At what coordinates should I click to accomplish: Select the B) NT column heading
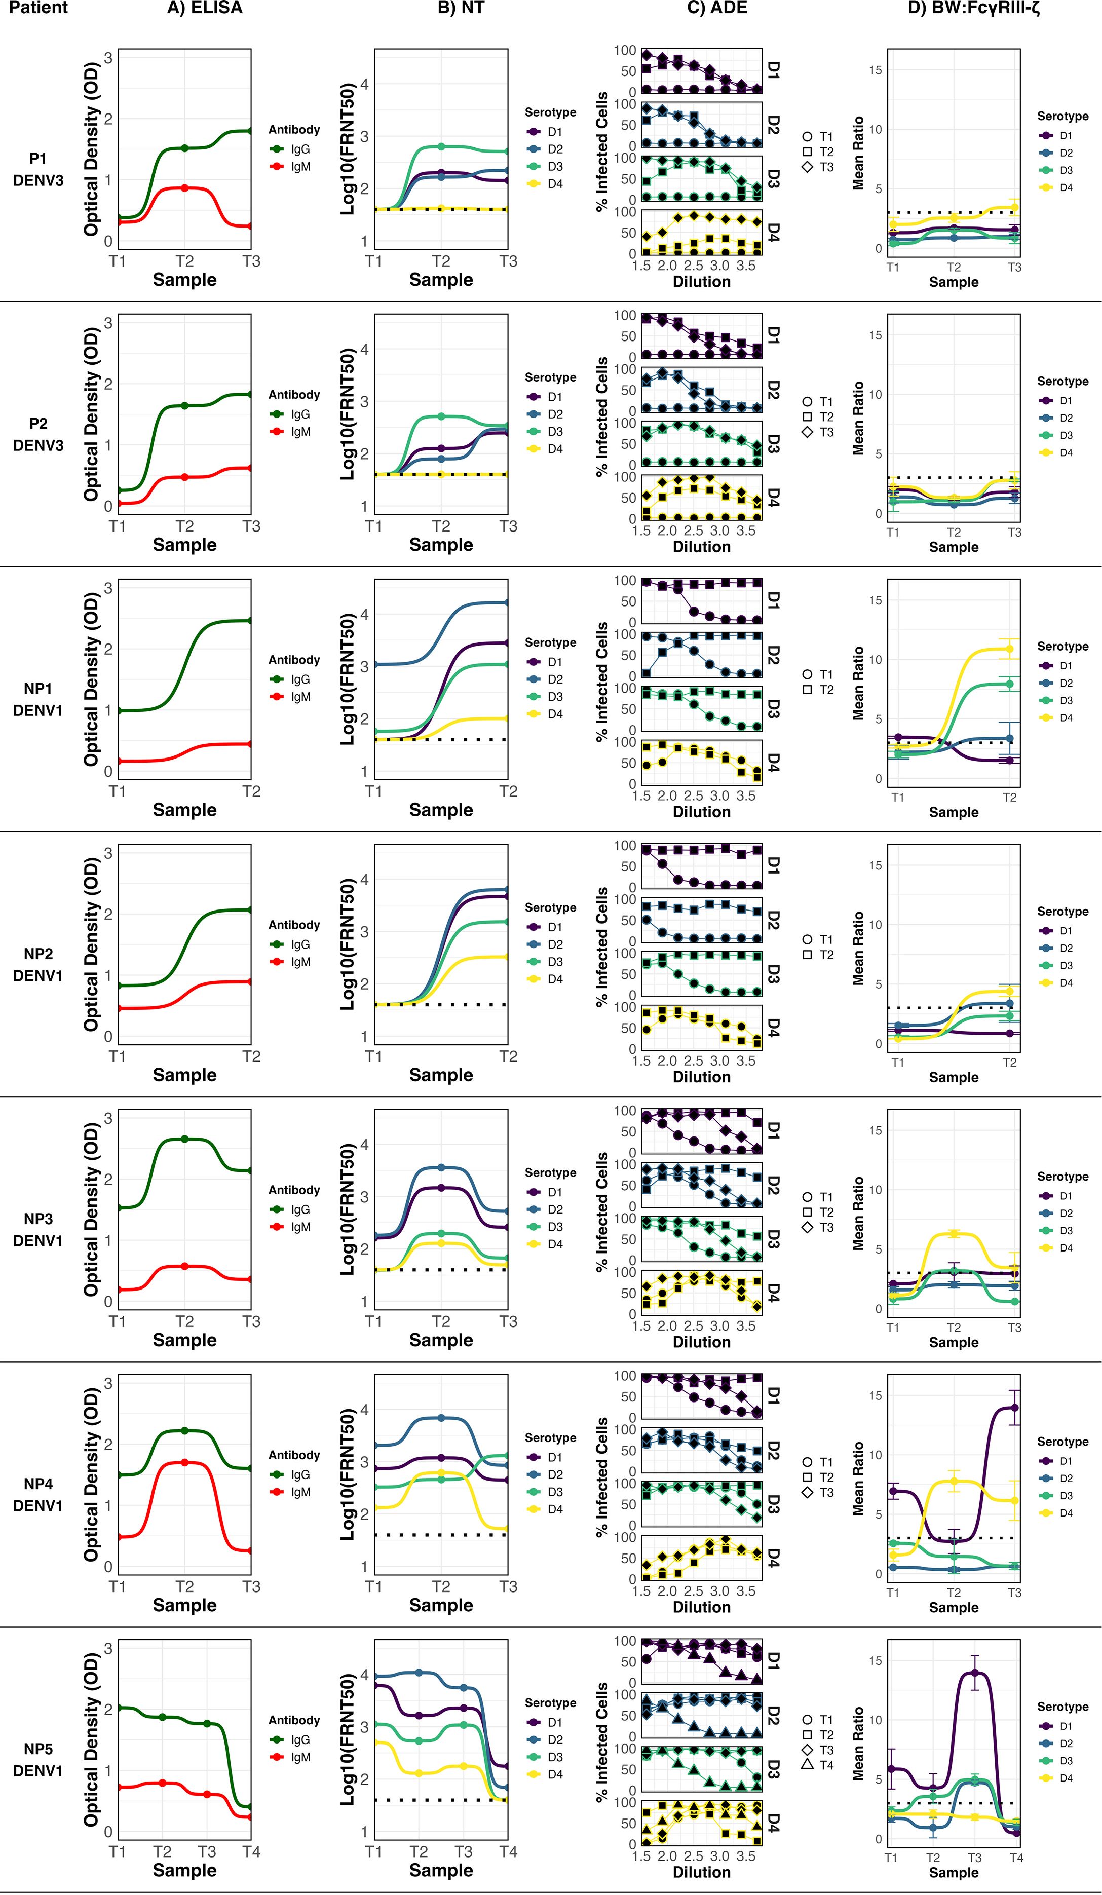click(x=461, y=8)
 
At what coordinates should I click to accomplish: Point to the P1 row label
click(x=37, y=159)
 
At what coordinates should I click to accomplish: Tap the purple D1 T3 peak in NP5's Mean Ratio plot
click(x=974, y=1673)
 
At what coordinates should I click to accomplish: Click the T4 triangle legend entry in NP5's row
click(x=818, y=1765)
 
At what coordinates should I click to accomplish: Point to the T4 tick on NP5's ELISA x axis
click(x=251, y=1851)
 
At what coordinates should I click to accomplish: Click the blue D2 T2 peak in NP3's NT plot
click(x=441, y=1168)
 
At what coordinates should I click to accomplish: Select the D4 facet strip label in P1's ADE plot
click(x=773, y=233)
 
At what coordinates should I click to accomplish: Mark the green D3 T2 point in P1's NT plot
click(x=441, y=146)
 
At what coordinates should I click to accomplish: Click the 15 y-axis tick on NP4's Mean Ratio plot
click(x=876, y=1396)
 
